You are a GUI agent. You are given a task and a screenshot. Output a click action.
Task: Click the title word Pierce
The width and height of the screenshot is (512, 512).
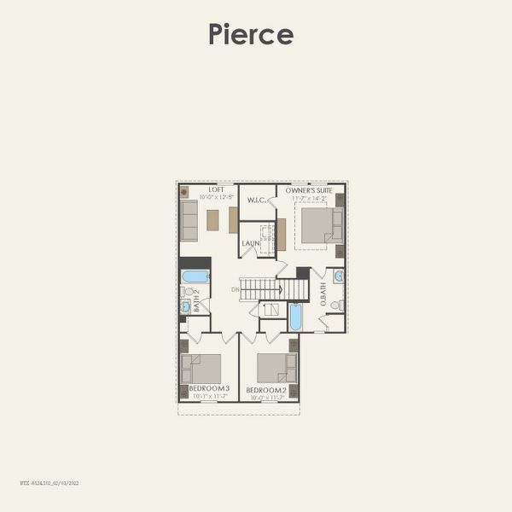(x=251, y=34)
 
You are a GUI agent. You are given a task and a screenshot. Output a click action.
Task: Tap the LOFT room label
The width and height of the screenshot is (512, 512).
(x=217, y=189)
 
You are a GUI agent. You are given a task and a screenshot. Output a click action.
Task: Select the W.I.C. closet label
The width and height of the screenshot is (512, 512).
(x=257, y=201)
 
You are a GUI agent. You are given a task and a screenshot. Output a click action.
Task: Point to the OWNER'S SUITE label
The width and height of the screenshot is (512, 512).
(x=309, y=189)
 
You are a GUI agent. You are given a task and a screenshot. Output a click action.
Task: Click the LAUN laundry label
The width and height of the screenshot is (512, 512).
(x=250, y=243)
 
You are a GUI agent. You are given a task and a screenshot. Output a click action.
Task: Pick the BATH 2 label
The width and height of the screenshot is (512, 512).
(x=196, y=301)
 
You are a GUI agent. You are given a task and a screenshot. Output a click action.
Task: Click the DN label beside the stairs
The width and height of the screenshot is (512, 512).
(x=235, y=290)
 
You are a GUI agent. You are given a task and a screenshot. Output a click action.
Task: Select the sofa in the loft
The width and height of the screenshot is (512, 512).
(x=189, y=221)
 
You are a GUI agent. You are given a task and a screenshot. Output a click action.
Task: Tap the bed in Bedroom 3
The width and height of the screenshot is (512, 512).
(x=202, y=369)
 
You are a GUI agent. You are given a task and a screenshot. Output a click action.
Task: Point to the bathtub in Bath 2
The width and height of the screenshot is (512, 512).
(x=195, y=276)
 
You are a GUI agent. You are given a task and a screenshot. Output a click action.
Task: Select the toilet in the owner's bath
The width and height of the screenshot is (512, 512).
(x=337, y=305)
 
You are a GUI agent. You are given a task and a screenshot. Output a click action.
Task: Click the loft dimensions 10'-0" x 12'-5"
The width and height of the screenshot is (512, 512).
(x=217, y=197)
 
